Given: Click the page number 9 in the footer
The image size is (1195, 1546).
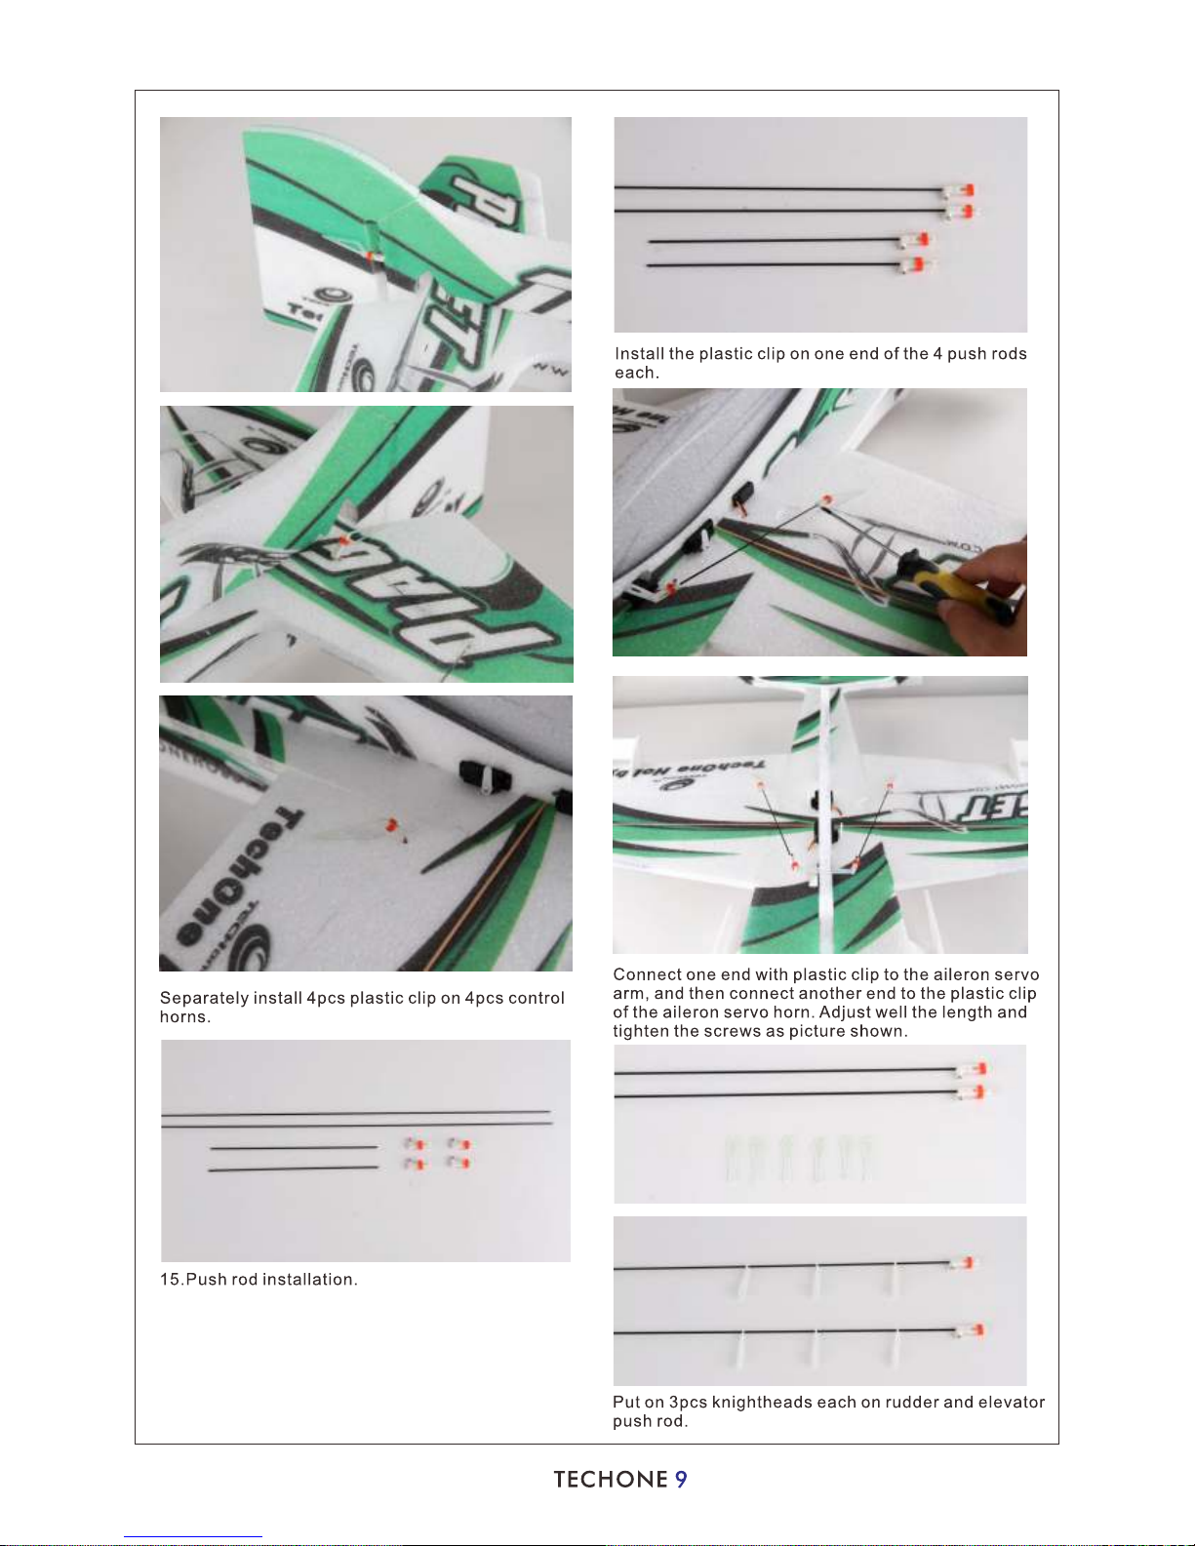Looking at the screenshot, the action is (681, 1480).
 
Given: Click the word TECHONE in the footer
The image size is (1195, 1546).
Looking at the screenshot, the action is (611, 1480).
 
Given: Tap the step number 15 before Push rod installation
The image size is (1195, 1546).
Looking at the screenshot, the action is (170, 1279).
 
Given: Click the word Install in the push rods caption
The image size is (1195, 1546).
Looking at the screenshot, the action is (640, 354).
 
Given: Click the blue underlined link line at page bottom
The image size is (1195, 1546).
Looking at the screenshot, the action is (193, 1537).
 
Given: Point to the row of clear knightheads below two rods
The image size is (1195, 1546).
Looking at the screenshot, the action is (800, 1157).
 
